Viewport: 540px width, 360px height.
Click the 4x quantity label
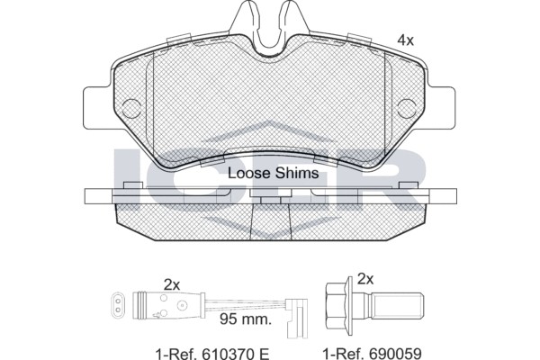tap(405, 40)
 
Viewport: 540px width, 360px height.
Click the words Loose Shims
tap(274, 174)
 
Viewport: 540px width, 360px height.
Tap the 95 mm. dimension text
tap(246, 319)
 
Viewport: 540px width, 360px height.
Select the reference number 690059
tap(395, 354)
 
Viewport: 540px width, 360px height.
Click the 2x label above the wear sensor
tap(172, 285)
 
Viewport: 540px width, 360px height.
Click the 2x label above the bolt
tap(365, 279)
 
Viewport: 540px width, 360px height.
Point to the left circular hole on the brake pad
tap(131, 109)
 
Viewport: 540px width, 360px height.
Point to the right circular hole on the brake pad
tap(407, 109)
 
